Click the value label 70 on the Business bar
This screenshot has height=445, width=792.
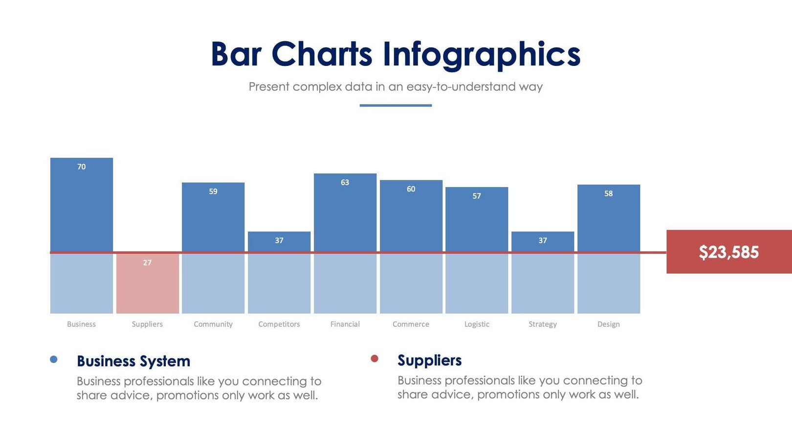coord(81,167)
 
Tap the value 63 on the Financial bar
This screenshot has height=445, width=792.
coord(345,183)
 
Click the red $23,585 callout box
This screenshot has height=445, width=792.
coord(728,252)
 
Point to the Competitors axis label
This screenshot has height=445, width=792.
coord(279,324)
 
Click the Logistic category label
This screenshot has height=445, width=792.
coord(477,324)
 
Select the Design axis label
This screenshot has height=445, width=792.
coord(608,324)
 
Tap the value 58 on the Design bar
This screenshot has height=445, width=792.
coord(608,194)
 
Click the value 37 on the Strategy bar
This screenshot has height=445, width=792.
coord(543,241)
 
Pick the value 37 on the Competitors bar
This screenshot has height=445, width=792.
coord(279,241)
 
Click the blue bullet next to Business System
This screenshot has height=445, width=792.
coord(54,360)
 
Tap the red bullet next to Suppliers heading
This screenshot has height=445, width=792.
coord(374,359)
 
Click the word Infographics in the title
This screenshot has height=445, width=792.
coord(481,54)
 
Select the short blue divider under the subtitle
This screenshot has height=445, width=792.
coord(396,105)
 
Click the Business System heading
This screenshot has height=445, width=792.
coord(133,361)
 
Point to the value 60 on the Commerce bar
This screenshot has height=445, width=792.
coord(411,189)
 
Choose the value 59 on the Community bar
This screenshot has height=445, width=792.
coord(213,191)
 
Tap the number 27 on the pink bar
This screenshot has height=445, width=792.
coord(147,263)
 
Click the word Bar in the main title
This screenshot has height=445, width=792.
coord(236,54)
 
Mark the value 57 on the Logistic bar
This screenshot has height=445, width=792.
coord(477,196)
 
